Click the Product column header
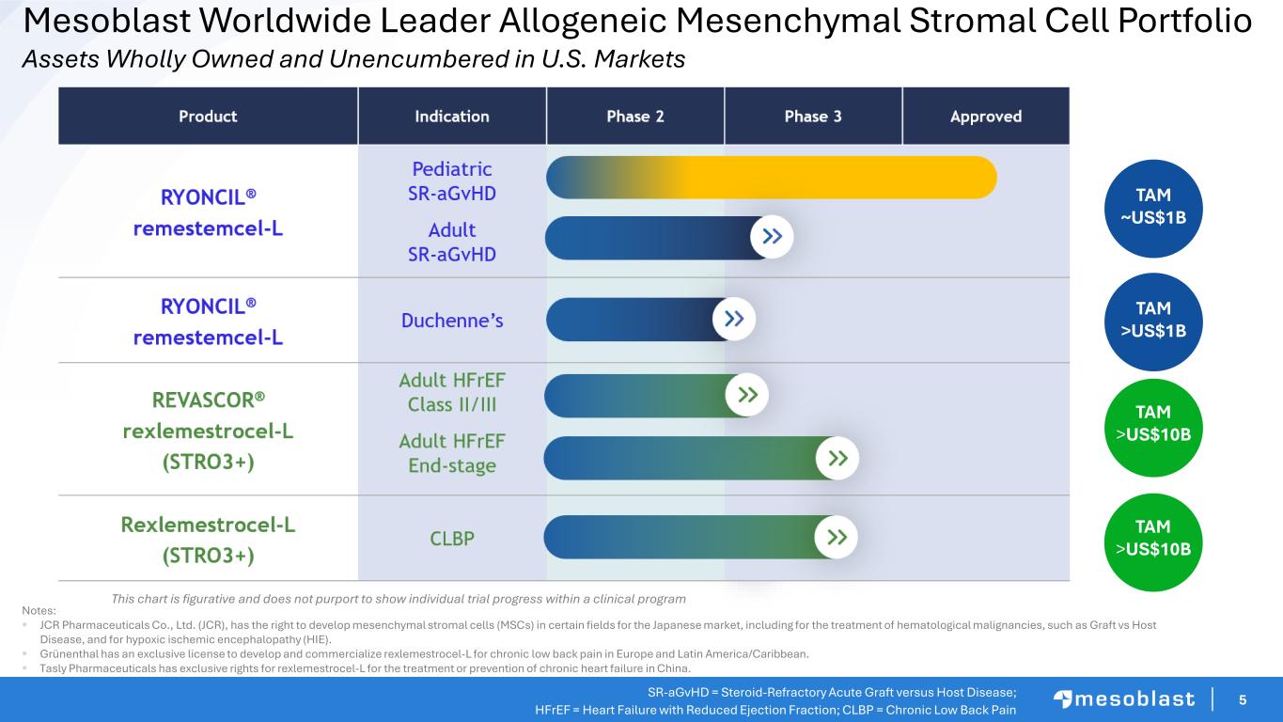coord(208,116)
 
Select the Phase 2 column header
coord(635,116)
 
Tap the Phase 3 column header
coord(813,116)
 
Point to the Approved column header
coord(986,116)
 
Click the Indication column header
coord(452,116)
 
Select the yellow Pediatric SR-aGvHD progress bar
coord(772,178)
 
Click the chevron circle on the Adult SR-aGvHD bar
coord(772,237)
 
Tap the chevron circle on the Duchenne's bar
coord(734,319)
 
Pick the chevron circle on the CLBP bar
coord(836,537)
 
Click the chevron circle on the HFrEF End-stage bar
coord(837,458)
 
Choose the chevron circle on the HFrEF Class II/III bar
coord(746,395)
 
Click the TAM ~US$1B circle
coord(1153,209)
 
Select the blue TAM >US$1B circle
coord(1153,322)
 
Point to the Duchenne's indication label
coord(452,321)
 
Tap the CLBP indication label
coord(452,539)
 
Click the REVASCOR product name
coord(208,400)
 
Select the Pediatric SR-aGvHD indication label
coord(452,181)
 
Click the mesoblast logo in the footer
coord(1124,699)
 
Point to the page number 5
coord(1243,699)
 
